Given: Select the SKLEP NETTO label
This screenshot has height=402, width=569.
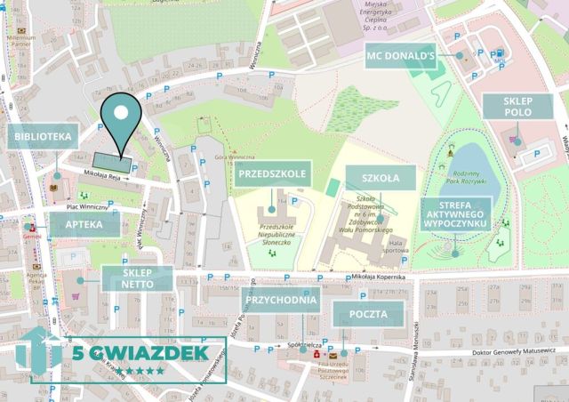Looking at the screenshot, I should coord(138,278).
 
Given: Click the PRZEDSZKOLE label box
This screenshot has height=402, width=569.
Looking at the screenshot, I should coord(274,174).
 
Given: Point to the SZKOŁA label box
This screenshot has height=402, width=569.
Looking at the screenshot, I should coord(381,178).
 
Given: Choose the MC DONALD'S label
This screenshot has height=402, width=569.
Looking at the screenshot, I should coord(400,56).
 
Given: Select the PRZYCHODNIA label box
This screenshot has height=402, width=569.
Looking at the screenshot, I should coord(281,300).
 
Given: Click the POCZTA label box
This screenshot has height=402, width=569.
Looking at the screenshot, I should coord(368,314).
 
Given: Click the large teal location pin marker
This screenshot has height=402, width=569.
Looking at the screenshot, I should coord(121,119).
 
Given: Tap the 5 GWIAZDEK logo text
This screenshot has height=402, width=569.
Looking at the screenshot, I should coord(139,353).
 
